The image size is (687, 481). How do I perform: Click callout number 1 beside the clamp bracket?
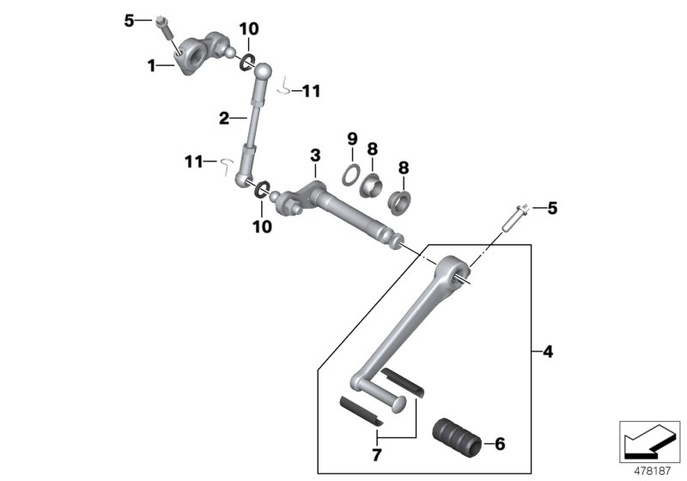[151, 64]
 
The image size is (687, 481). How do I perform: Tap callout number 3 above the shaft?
[315, 155]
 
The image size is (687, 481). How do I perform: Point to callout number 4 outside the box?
[548, 350]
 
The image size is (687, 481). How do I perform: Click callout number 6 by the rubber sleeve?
[501, 444]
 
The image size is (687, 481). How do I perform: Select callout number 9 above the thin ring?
[351, 138]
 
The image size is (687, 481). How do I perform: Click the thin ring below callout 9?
[351, 174]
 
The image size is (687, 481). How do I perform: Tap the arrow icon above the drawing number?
[650, 442]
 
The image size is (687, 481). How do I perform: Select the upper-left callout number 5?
[130, 20]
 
